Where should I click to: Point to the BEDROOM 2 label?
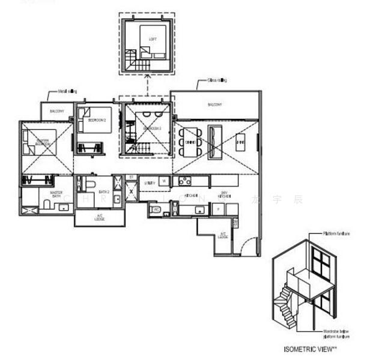tap(96, 120)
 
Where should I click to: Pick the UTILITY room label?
tap(150, 182)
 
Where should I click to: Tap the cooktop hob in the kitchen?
tap(184, 181)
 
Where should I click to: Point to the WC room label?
tap(156, 209)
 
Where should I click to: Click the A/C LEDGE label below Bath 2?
tap(100, 217)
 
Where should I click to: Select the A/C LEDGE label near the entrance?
tap(222, 235)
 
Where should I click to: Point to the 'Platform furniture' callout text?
tap(336, 233)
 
